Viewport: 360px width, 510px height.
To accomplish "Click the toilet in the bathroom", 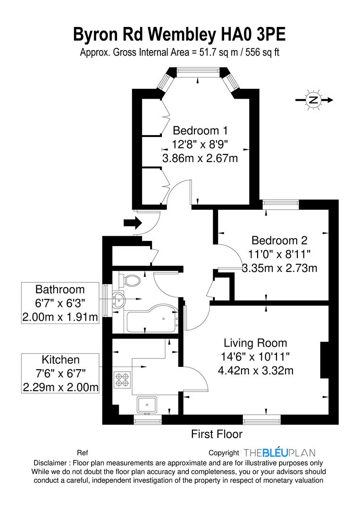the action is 130,280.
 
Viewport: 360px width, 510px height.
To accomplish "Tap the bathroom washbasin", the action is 118,300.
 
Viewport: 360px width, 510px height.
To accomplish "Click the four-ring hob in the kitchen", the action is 122,380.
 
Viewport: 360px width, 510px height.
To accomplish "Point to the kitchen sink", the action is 147,405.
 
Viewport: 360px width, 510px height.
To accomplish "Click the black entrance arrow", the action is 133,223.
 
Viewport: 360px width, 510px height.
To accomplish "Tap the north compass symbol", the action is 314,100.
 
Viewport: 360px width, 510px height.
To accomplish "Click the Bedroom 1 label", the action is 200,130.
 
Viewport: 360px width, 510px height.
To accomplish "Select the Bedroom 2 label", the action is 279,240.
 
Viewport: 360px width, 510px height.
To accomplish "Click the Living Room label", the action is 255,343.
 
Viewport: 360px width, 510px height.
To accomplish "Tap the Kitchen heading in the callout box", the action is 61,359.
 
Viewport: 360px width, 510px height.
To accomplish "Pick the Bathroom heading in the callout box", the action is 60,289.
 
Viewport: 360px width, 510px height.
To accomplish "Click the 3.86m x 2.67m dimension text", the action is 200,158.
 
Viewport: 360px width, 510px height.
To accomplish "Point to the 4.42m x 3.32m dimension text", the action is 255,371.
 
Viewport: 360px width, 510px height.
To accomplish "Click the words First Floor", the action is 217,434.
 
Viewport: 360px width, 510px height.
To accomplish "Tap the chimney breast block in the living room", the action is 325,360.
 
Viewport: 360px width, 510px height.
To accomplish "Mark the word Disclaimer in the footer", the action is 50,463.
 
